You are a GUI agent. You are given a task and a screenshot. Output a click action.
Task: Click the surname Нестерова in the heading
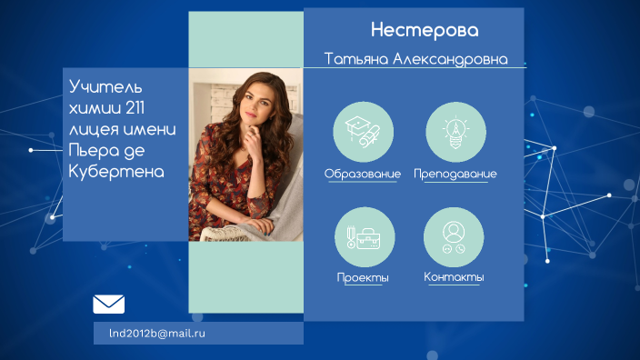[424, 31]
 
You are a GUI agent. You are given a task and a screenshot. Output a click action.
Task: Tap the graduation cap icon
[364, 133]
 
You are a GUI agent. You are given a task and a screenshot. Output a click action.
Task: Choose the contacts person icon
[453, 237]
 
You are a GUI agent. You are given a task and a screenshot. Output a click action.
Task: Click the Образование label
[362, 174]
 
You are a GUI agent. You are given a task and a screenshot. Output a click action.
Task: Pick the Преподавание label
[455, 174]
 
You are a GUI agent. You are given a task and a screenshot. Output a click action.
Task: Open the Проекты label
[362, 277]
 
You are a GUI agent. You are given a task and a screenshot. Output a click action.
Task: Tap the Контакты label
[454, 277]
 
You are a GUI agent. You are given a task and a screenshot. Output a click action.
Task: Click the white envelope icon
[108, 305]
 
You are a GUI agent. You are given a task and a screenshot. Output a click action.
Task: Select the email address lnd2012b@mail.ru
[156, 334]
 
